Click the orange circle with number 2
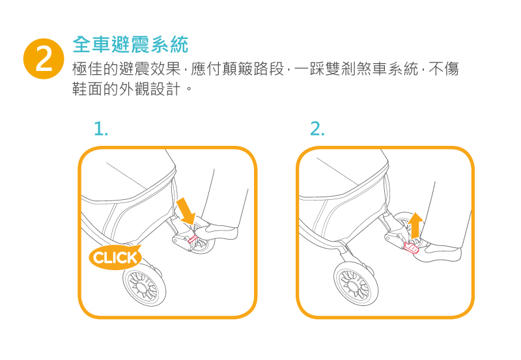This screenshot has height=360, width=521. pyautogui.click(x=44, y=59)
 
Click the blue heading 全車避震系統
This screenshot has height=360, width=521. pyautogui.click(x=131, y=44)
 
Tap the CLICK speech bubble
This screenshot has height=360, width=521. pyautogui.click(x=115, y=257)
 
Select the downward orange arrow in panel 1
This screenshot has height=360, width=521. pyautogui.click(x=186, y=212)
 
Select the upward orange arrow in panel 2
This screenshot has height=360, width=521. pyautogui.click(x=415, y=226)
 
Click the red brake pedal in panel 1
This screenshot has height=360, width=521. pyautogui.click(x=193, y=239)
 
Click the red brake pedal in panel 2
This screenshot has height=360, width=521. pyautogui.click(x=411, y=248)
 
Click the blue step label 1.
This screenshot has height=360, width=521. pyautogui.click(x=101, y=129)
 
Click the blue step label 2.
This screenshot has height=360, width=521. pyautogui.click(x=317, y=129)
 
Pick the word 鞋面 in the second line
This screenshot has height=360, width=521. pyautogui.click(x=87, y=89)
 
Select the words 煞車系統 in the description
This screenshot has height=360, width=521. pyautogui.click(x=387, y=69)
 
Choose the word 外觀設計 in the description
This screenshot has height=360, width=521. pyautogui.click(x=150, y=89)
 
